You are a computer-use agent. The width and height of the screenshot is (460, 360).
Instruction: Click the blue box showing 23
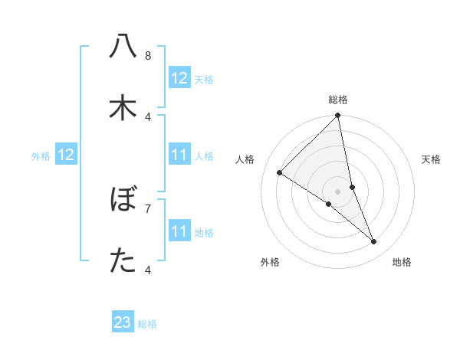click(123, 322)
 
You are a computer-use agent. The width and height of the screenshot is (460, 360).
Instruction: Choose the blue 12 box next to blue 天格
click(179, 78)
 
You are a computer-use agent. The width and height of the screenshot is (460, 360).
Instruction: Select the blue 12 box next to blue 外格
click(66, 155)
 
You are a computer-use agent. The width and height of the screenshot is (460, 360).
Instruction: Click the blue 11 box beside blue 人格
click(179, 155)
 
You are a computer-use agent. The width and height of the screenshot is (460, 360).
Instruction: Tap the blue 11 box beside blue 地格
click(179, 231)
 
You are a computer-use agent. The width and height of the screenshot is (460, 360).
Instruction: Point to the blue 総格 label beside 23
click(147, 324)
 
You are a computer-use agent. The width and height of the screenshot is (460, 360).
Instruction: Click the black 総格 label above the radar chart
click(338, 100)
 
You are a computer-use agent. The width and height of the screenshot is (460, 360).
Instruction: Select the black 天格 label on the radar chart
click(432, 159)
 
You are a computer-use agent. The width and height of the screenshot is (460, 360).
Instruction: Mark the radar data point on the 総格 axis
click(338, 116)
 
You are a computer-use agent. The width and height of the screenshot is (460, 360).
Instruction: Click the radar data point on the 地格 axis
click(374, 242)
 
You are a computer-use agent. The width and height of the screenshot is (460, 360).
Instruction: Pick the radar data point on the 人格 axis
click(280, 172)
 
